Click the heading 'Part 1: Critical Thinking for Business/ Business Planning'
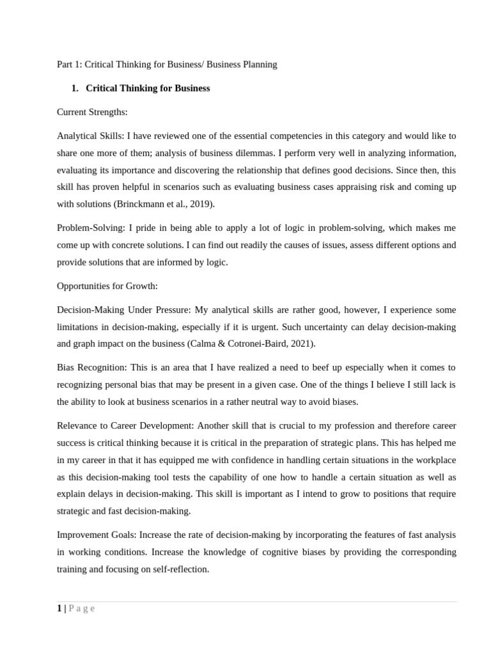click(167, 65)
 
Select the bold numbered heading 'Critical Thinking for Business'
click(148, 88)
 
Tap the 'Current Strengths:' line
click(92, 112)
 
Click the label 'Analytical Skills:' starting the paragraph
click(90, 136)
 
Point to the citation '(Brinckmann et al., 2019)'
click(164, 204)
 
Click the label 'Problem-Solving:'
click(91, 228)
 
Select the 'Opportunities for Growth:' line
click(107, 286)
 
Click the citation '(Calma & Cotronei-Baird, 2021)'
click(251, 343)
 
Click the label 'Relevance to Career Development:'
click(125, 425)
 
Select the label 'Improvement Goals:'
click(97, 534)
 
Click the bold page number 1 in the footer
click(59, 608)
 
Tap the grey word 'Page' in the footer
click(82, 608)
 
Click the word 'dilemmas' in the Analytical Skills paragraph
click(258, 153)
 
